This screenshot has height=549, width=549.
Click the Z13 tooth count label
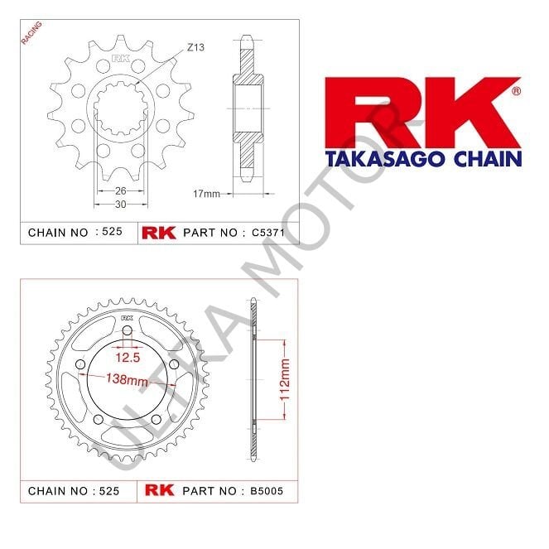195,47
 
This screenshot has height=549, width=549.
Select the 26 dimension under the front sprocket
121,190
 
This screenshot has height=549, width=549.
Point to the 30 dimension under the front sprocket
121,204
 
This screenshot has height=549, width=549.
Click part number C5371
268,233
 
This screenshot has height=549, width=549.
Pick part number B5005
268,490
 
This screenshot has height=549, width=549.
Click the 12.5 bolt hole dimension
126,357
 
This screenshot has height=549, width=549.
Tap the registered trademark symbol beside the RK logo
516,90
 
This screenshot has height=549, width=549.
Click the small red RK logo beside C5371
159,233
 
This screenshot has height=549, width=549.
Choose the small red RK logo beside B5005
159,490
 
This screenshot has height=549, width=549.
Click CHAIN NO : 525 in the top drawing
75,233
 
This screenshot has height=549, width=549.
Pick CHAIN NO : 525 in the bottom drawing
75,490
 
